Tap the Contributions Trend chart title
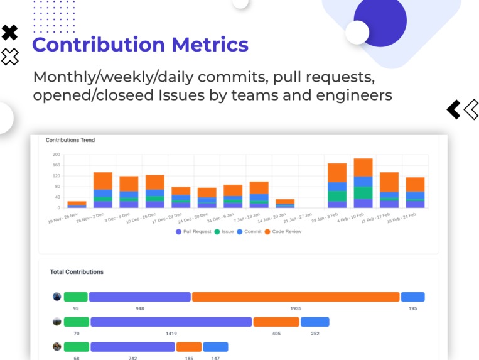click(70, 140)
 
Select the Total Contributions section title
click(77, 272)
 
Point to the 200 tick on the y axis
click(56, 155)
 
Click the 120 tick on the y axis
click(56, 176)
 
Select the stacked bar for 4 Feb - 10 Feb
click(363, 183)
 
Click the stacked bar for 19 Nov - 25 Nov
click(77, 204)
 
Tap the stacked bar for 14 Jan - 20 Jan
click(285, 203)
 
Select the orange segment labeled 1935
click(296, 297)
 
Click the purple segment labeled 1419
click(171, 322)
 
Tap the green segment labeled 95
click(76, 297)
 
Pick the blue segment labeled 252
click(315, 322)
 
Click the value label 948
click(139, 308)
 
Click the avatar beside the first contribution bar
click(57, 297)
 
